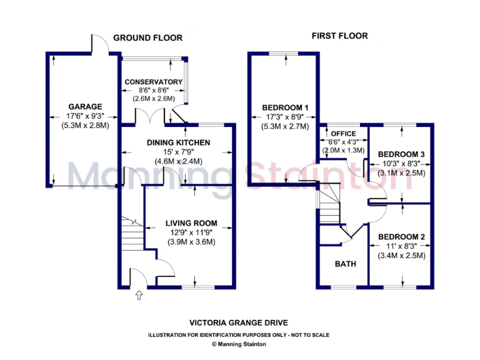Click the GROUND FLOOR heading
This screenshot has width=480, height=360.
pyautogui.click(x=147, y=38)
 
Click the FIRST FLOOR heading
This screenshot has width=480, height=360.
pyautogui.click(x=340, y=36)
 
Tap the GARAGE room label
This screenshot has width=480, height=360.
pyautogui.click(x=85, y=107)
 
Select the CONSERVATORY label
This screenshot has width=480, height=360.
pyautogui.click(x=153, y=82)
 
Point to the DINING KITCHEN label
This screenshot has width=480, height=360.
pyautogui.click(x=178, y=142)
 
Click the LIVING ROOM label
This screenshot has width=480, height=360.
pyautogui.click(x=191, y=223)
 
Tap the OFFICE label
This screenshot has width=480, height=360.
pyautogui.click(x=343, y=134)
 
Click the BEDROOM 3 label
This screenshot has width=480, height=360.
pyautogui.click(x=401, y=154)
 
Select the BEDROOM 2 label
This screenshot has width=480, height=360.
pyautogui.click(x=401, y=237)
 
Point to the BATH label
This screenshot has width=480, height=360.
pyautogui.click(x=345, y=264)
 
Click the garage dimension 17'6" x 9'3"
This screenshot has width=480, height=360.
pyautogui.click(x=85, y=116)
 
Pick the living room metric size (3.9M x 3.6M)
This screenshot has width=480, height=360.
pyautogui.click(x=191, y=242)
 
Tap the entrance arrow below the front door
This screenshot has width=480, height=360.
pyautogui.click(x=139, y=294)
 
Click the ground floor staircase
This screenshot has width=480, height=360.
pyautogui.click(x=132, y=234)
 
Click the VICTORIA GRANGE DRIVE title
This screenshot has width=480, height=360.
pyautogui.click(x=239, y=322)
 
